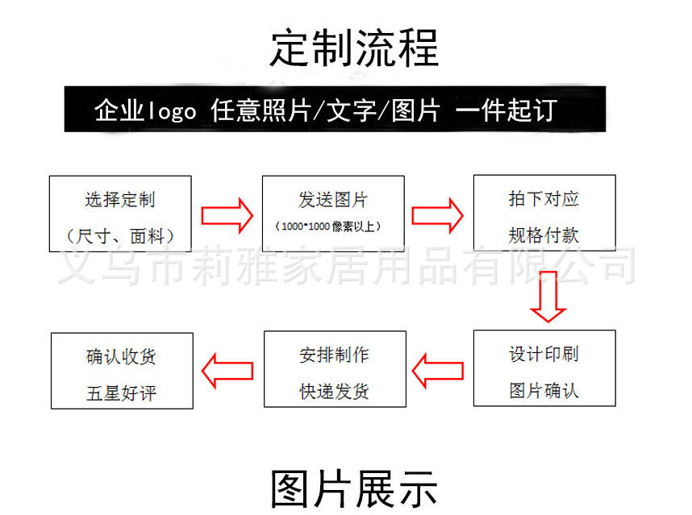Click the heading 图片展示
354,489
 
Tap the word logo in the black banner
171,110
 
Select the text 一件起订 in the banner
506,110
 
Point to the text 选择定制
120,200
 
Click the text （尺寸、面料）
120,237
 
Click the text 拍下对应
544,199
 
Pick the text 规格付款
544,235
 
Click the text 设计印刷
544,355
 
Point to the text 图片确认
544,391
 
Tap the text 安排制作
334,355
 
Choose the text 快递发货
334,392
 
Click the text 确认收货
121,356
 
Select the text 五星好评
121,393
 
